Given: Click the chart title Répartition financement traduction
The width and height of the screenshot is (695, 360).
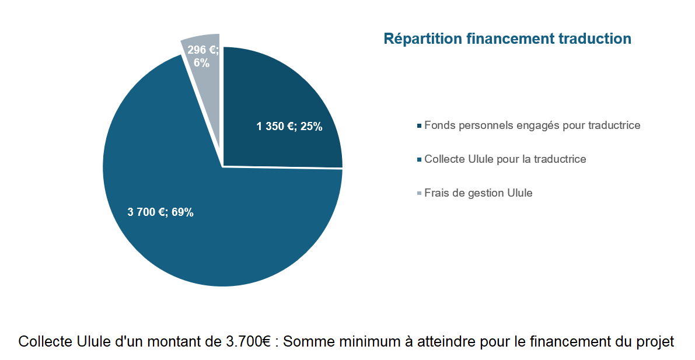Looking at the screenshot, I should click(x=507, y=39).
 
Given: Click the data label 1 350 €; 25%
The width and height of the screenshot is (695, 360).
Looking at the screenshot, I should click(x=289, y=126).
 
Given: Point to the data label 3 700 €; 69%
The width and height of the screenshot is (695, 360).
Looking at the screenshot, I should click(x=160, y=212).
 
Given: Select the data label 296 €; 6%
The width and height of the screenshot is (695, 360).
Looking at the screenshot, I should click(x=202, y=57).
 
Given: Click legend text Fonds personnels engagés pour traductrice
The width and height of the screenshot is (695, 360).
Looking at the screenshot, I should click(x=532, y=125).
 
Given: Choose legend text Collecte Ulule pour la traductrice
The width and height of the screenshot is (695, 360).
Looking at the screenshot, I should click(x=505, y=159).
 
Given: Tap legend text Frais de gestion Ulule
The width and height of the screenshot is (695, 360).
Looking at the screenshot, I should click(x=478, y=193).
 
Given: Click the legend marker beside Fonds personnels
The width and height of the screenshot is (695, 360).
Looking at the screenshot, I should click(x=419, y=126).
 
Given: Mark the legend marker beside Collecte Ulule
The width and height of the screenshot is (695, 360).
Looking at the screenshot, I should click(x=419, y=159).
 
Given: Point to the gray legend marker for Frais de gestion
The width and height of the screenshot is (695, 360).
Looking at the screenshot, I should click(x=419, y=193).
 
